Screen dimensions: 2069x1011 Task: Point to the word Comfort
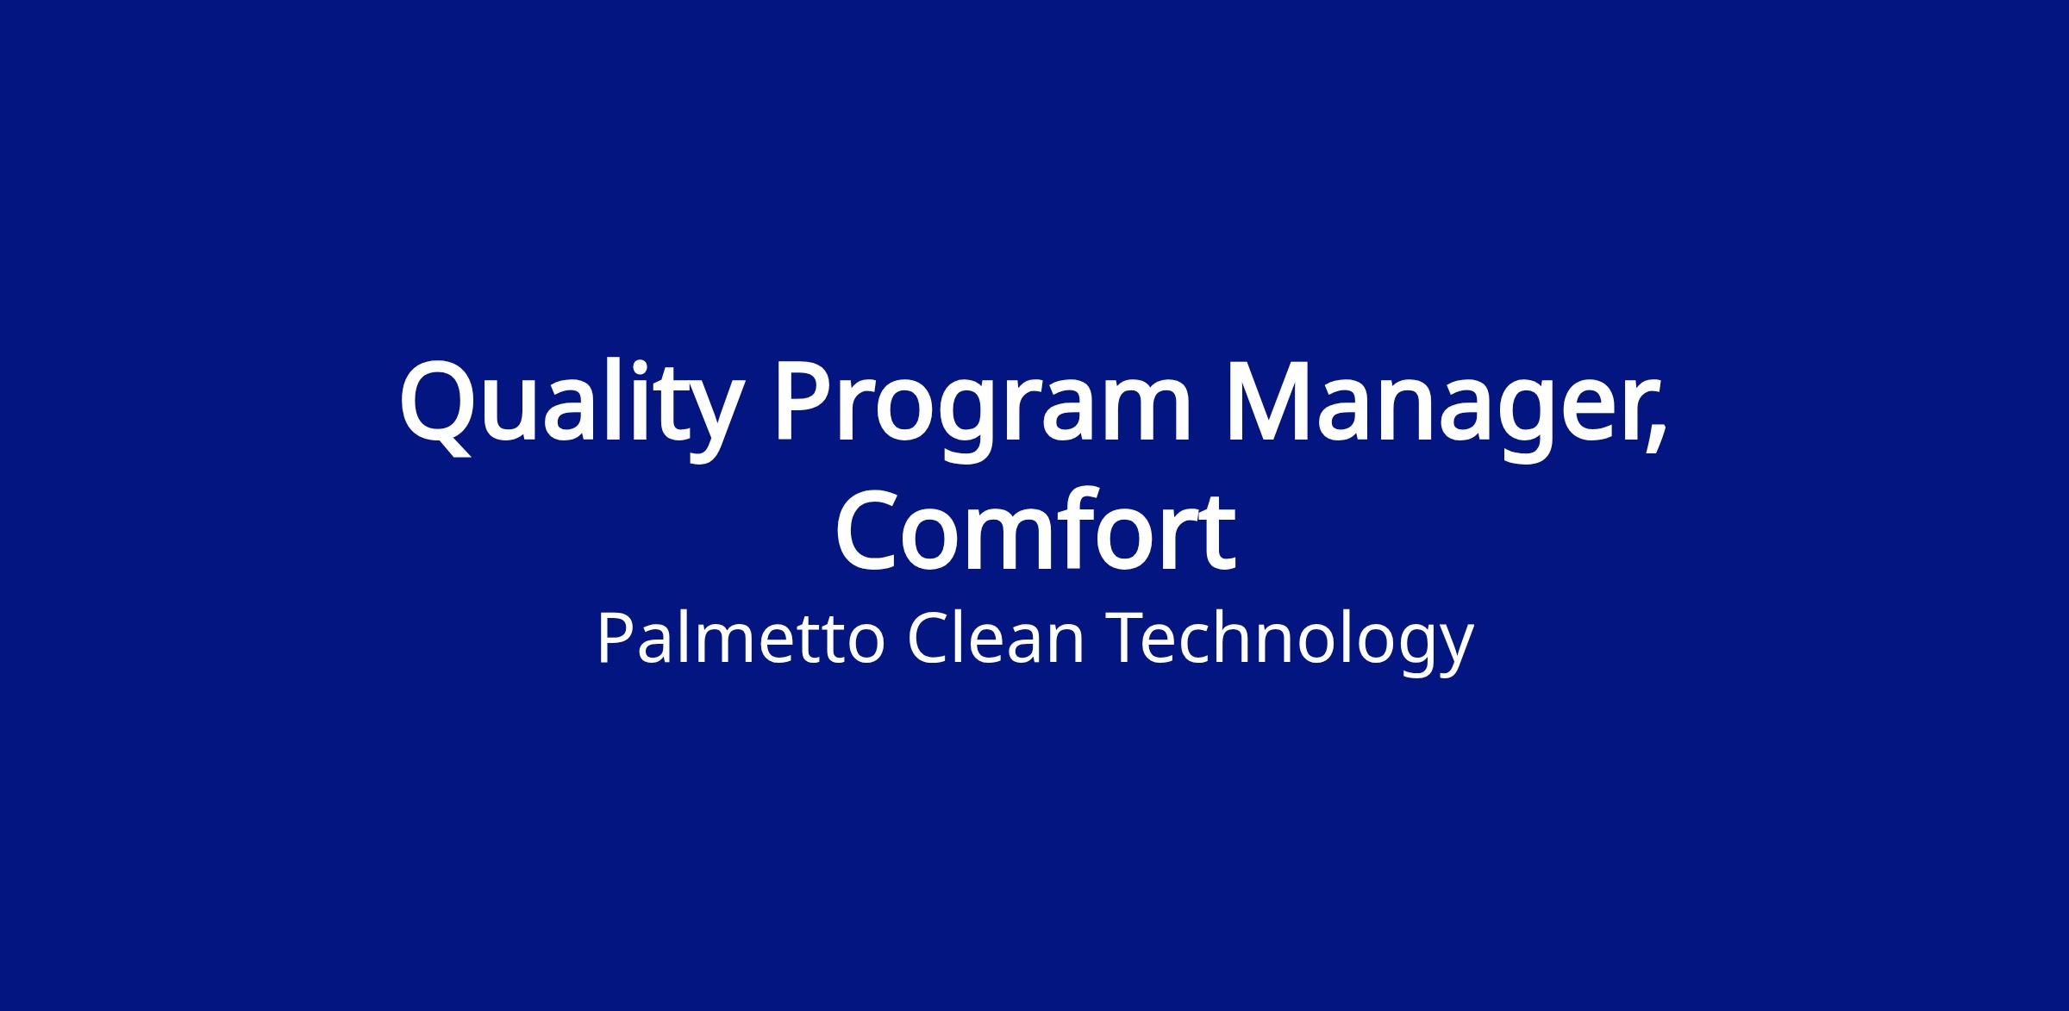point(1035,529)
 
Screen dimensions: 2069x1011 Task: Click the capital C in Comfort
point(871,529)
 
